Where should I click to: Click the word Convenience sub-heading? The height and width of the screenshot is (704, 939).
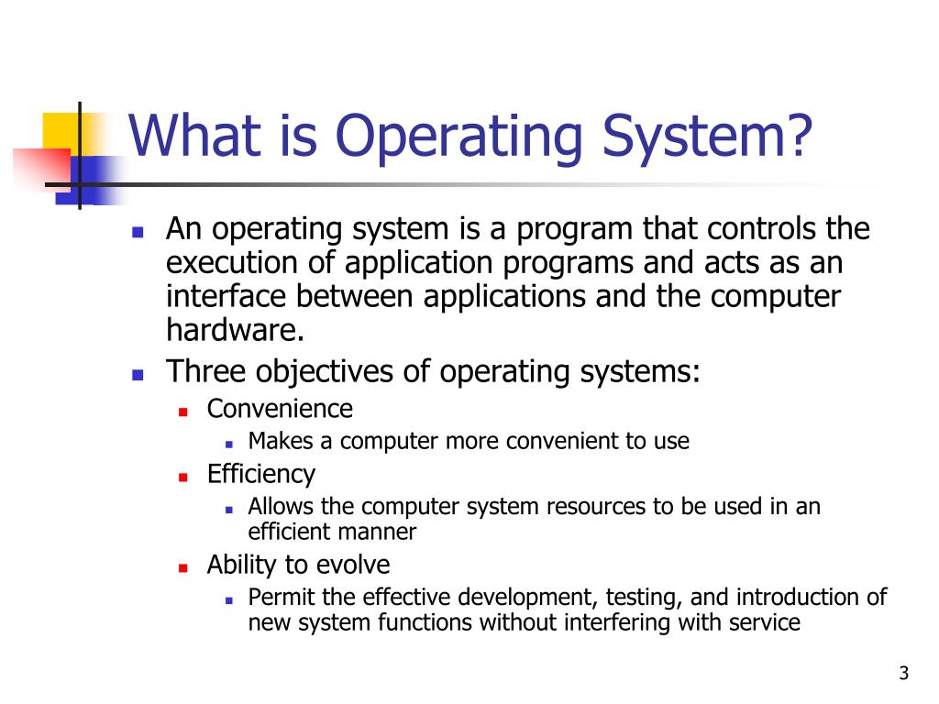coord(280,408)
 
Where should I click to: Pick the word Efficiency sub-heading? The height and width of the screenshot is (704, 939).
coord(260,474)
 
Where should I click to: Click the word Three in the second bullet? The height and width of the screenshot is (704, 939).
coord(206,371)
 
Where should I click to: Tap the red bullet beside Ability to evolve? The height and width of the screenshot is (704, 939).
coord(183,566)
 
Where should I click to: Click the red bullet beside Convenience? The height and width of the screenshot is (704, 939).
coord(183,411)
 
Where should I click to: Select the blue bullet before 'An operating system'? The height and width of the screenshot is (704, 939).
coord(138,232)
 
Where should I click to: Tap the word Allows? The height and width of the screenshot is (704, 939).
coord(279,507)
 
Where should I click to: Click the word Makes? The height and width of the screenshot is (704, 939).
coord(278,441)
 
